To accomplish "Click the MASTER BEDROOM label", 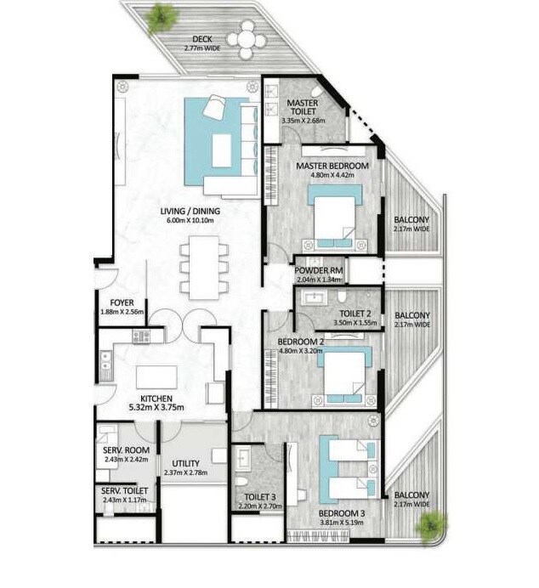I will (x=332, y=166).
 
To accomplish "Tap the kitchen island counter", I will (x=161, y=375).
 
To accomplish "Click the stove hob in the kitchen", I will (x=140, y=336).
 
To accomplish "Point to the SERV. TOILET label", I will (x=123, y=491).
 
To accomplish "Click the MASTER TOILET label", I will (x=302, y=106).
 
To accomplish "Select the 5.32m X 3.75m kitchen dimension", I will (x=156, y=408).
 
